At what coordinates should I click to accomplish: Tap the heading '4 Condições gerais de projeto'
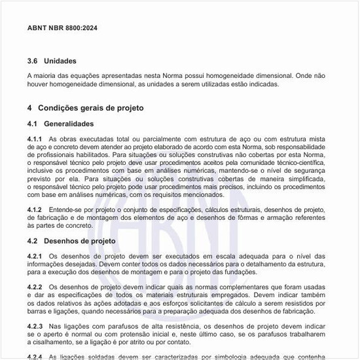pyautogui.click(x=85, y=107)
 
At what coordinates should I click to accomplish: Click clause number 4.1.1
pyautogui.click(x=35, y=139)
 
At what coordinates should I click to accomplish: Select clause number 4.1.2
pyautogui.click(x=35, y=209)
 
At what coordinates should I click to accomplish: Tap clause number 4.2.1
pyautogui.click(x=35, y=256)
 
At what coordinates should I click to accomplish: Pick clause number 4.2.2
pyautogui.click(x=35, y=287)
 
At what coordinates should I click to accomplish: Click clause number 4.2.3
pyautogui.click(x=35, y=325)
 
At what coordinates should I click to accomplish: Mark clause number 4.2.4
pyautogui.click(x=35, y=356)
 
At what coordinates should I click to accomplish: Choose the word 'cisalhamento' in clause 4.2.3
pyautogui.click(x=52, y=341)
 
